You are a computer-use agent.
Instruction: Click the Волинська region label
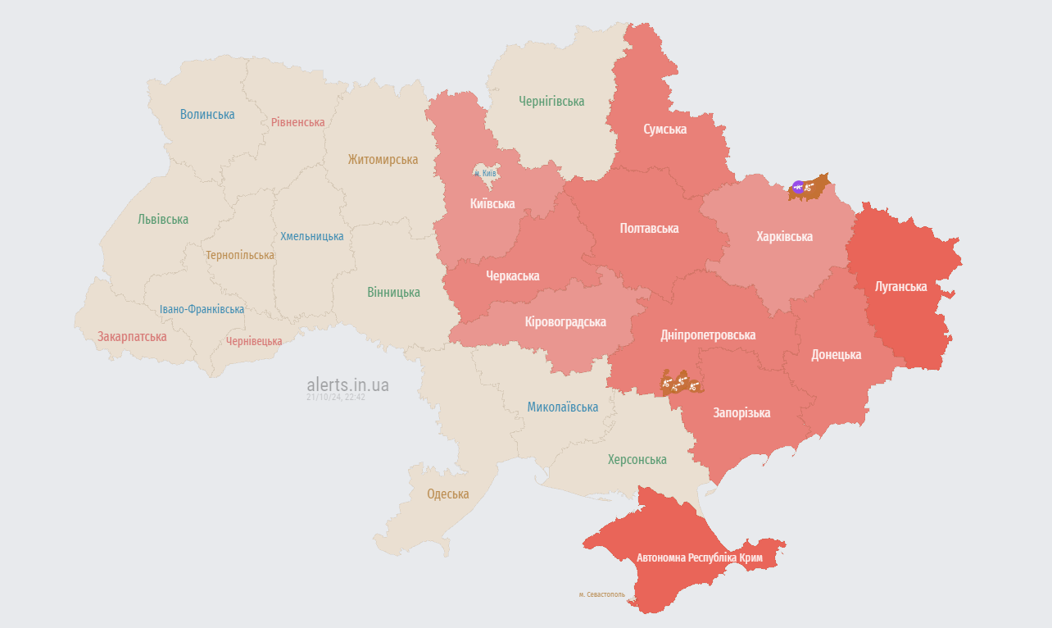[207, 114]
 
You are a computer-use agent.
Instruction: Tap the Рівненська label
[298, 122]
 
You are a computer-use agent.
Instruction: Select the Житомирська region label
[383, 160]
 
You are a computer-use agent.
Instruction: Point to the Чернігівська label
[551, 102]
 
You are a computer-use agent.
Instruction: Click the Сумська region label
[664, 130]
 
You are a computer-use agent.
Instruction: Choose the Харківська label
[784, 237]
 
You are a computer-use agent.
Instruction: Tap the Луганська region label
[900, 287]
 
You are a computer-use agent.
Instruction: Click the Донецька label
[836, 355]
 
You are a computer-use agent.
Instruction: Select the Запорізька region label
[741, 413]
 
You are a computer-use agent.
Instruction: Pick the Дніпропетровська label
[708, 335]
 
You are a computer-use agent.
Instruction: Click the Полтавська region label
[649, 229]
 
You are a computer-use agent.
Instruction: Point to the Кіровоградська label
[565, 322]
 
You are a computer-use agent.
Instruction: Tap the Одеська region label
[448, 494]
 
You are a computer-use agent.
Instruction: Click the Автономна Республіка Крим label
[700, 558]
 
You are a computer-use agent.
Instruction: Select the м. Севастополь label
[601, 594]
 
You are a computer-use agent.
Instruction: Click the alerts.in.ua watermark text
[347, 385]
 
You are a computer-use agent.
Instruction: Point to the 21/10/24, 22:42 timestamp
[336, 397]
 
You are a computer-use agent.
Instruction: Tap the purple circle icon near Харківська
[798, 188]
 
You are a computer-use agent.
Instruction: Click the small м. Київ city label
[486, 174]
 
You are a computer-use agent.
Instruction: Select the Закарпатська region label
[132, 337]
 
